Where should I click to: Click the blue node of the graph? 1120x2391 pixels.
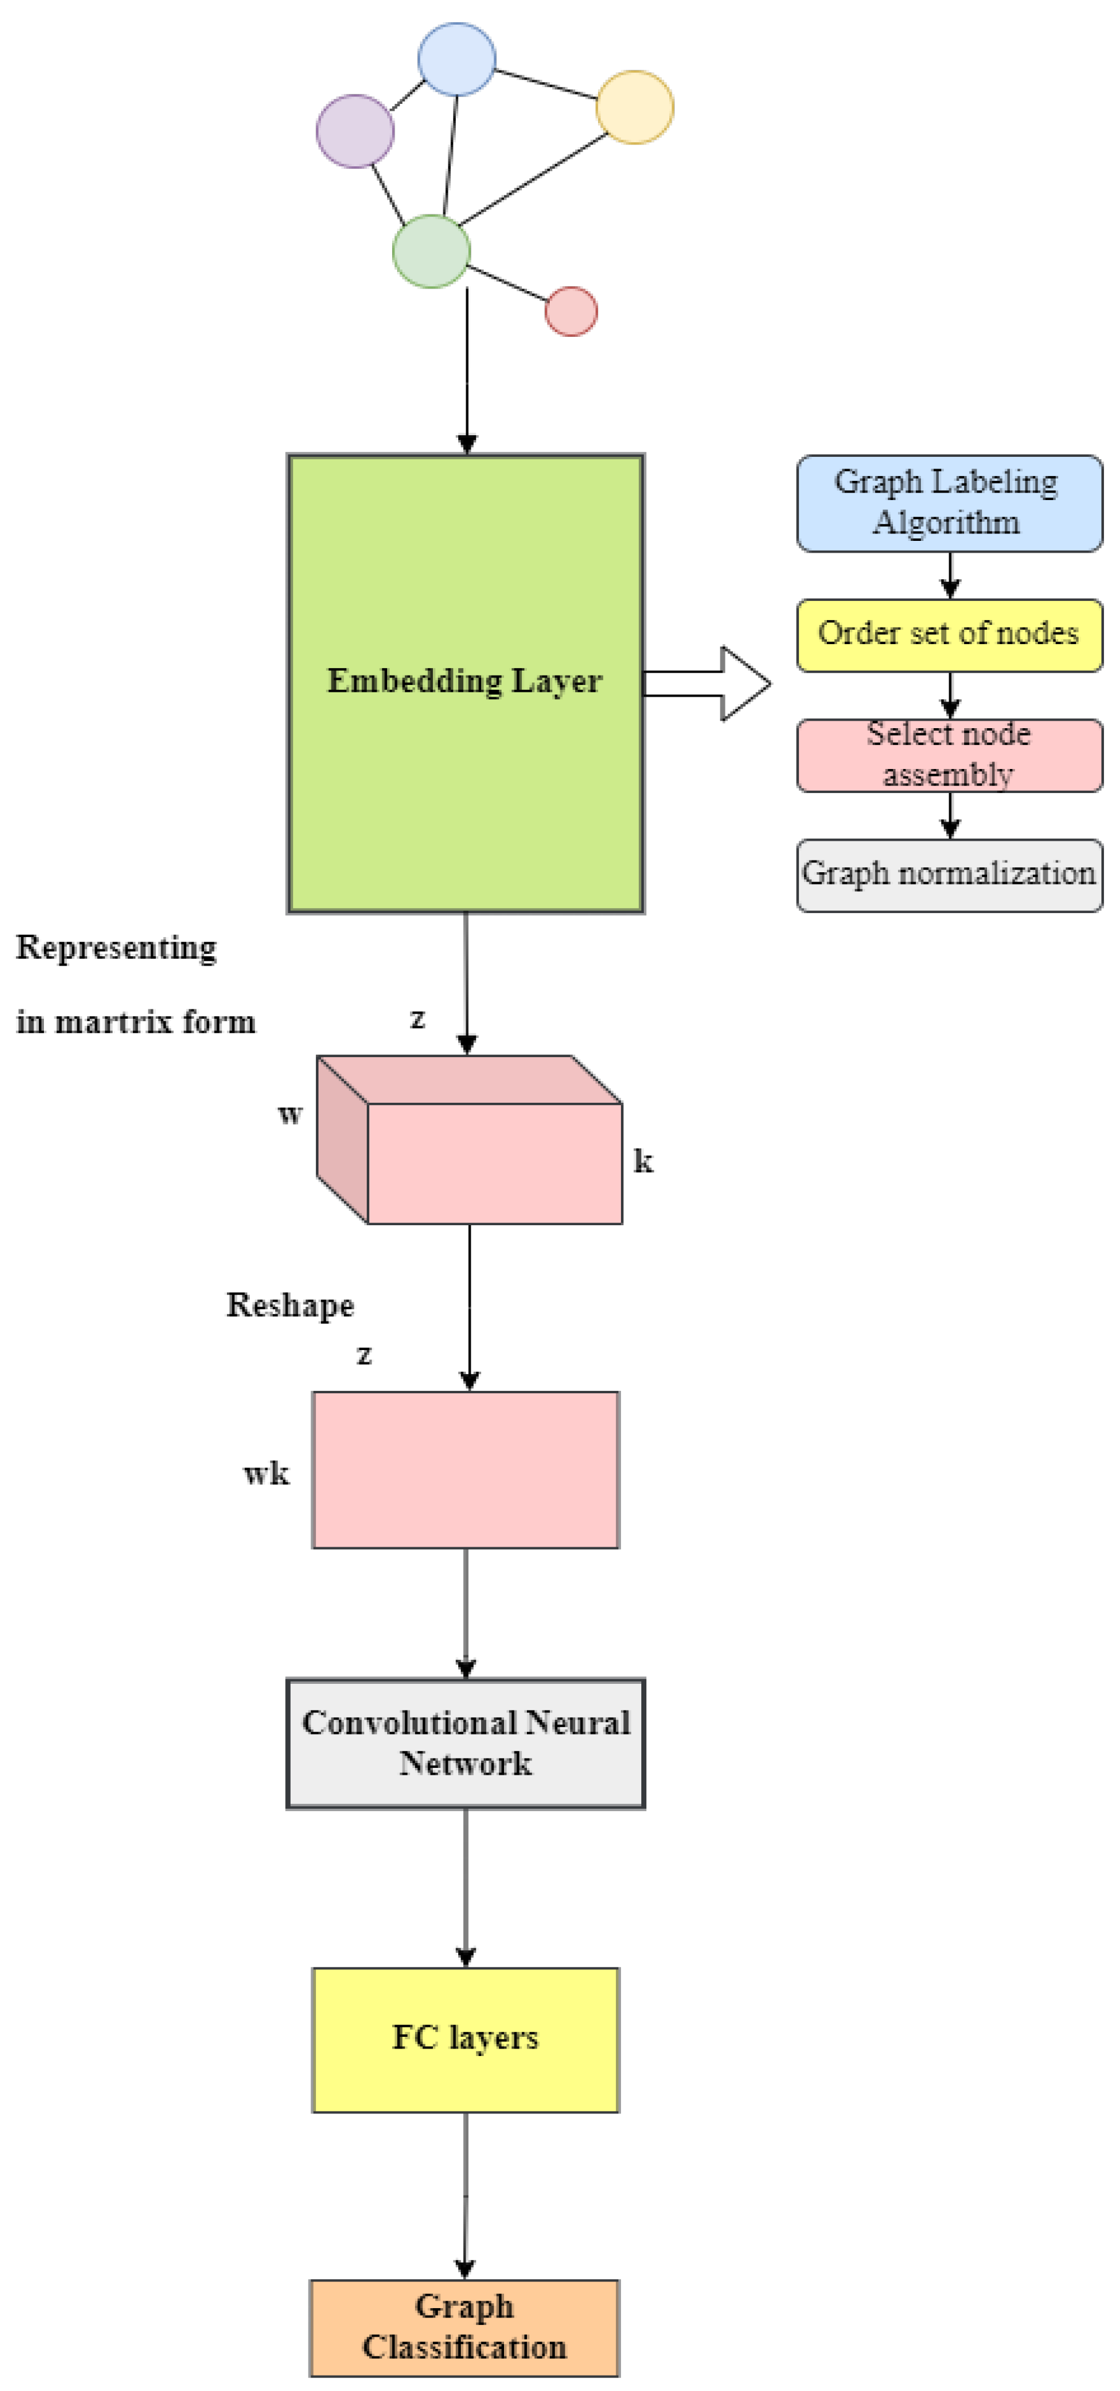[x=456, y=59]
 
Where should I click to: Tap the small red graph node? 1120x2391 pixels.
[x=570, y=311]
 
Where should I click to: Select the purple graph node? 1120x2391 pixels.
[x=355, y=131]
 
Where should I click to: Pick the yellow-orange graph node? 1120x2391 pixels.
[x=635, y=108]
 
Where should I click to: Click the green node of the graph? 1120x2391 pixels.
[x=431, y=250]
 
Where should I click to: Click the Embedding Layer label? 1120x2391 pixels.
[x=464, y=681]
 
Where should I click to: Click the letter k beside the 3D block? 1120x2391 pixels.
[x=643, y=1160]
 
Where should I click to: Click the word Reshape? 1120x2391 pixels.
[x=290, y=1304]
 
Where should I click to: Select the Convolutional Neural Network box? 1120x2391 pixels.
[x=465, y=1743]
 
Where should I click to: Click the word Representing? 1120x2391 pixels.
[x=116, y=948]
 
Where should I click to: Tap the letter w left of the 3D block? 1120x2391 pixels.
[x=290, y=1114]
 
